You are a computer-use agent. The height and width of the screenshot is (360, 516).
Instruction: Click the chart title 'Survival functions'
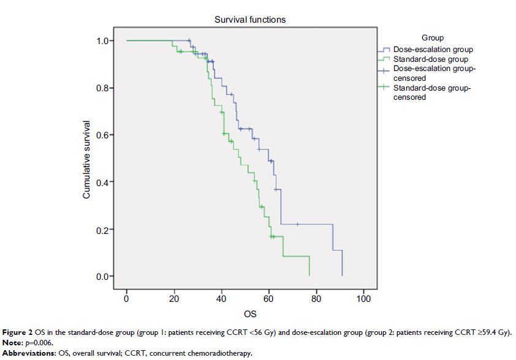pyautogui.click(x=249, y=20)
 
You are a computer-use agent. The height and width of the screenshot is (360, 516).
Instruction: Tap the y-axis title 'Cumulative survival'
pyautogui.click(x=87, y=159)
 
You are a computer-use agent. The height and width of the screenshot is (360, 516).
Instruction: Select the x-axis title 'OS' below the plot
pyautogui.click(x=250, y=314)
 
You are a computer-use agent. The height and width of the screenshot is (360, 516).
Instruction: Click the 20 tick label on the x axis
pyautogui.click(x=174, y=299)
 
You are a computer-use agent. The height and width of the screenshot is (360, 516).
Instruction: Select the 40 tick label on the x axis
pyautogui.click(x=221, y=299)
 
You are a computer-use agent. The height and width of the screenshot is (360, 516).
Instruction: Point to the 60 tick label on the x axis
pyautogui.click(x=268, y=299)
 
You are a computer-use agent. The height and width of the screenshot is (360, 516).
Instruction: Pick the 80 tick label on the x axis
pyautogui.click(x=316, y=299)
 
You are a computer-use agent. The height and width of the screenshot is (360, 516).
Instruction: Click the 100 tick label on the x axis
pyautogui.click(x=363, y=299)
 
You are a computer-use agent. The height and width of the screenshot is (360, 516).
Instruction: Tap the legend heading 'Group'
pyautogui.click(x=433, y=38)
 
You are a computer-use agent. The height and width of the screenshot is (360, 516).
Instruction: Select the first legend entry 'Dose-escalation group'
pyautogui.click(x=433, y=50)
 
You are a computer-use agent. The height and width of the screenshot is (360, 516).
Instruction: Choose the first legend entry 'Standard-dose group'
pyautogui.click(x=430, y=59)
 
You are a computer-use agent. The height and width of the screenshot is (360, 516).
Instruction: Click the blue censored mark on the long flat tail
pyautogui.click(x=297, y=224)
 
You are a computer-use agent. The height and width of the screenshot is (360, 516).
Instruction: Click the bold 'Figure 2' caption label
pyautogui.click(x=18, y=332)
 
